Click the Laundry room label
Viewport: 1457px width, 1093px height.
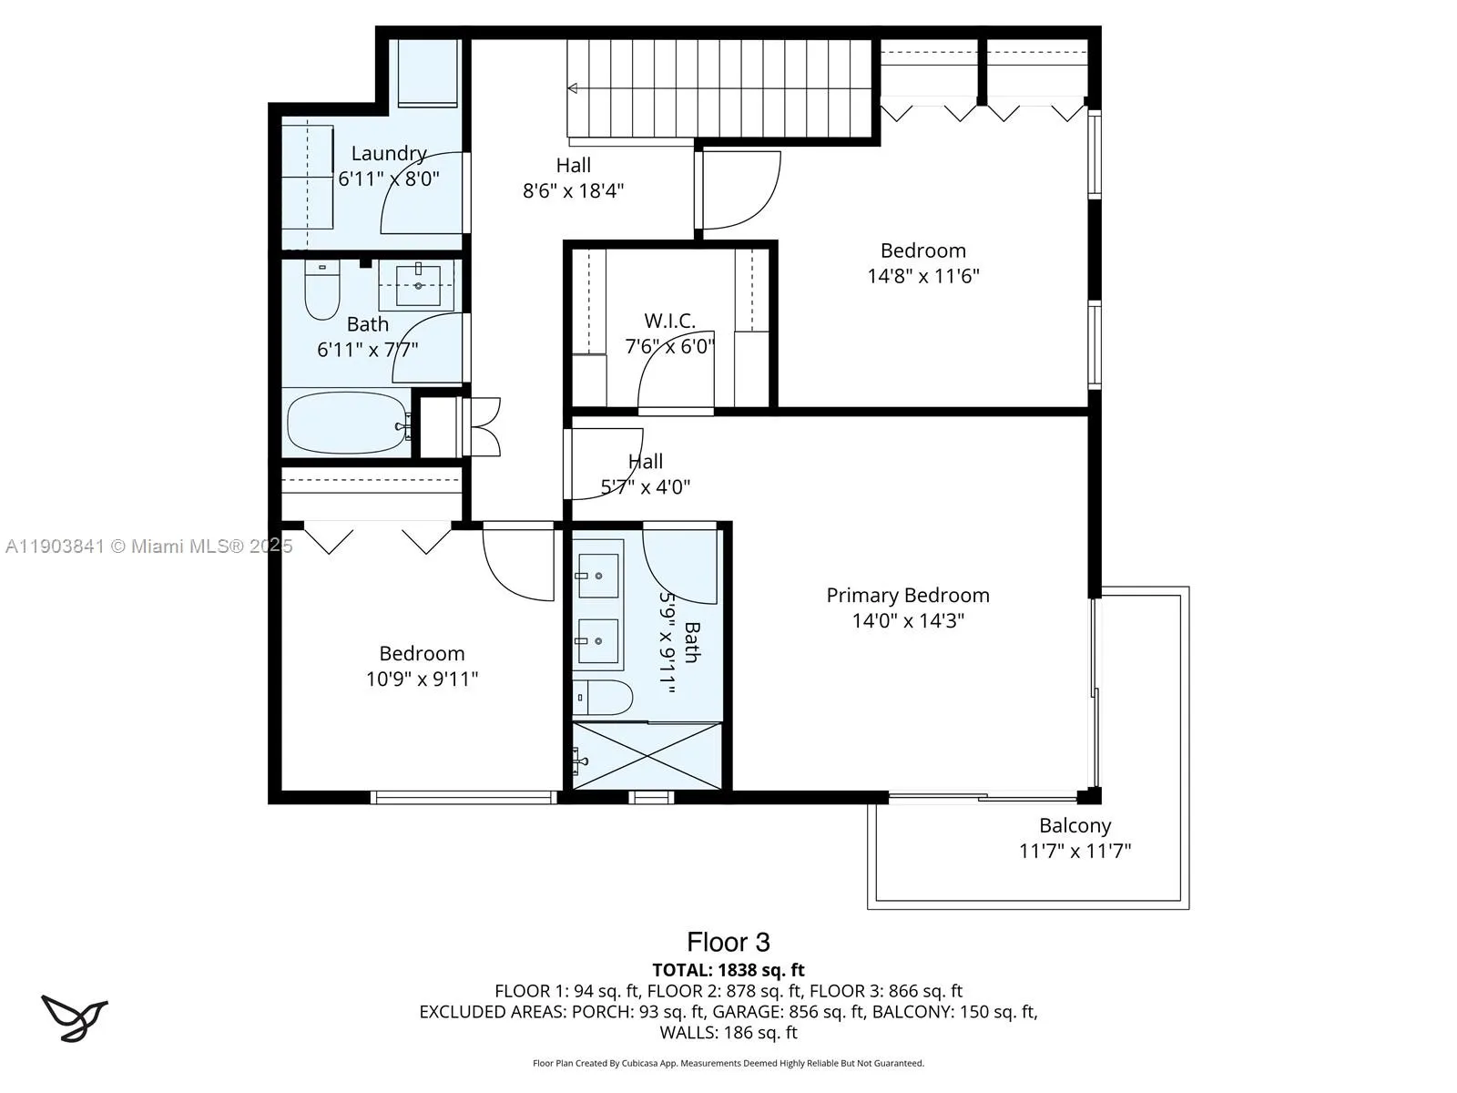389,154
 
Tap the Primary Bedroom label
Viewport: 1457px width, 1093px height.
907,596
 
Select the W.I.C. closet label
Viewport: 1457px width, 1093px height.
669,321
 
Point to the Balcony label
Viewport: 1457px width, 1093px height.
1075,826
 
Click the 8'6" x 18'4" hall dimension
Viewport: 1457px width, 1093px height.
573,191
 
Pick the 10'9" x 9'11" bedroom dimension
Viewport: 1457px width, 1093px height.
422,679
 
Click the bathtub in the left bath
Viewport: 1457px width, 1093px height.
347,423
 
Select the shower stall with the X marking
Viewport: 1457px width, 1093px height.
647,756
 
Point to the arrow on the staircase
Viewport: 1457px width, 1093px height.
573,88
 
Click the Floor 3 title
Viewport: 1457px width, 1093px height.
728,942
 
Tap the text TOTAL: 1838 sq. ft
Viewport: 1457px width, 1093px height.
728,970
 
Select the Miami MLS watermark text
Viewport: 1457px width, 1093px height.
148,546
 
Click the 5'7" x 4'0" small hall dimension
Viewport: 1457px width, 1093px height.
645,487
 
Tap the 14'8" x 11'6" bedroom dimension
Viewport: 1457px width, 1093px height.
922,276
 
